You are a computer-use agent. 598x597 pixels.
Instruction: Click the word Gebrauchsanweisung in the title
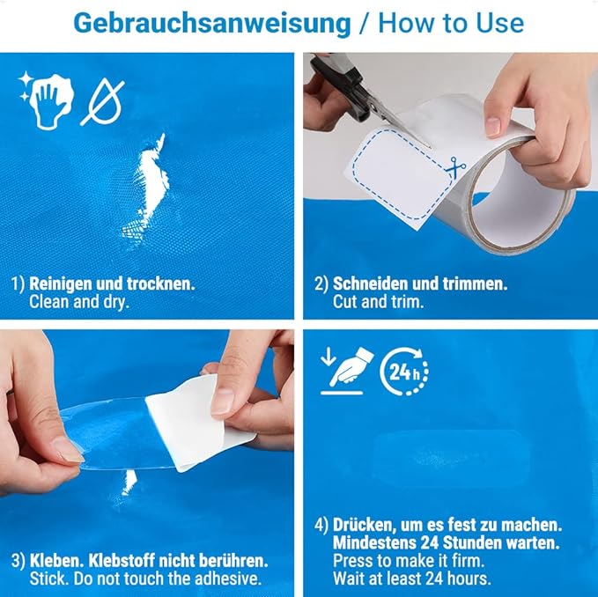[x=211, y=24]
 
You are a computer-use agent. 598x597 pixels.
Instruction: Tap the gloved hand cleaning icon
[x=46, y=99]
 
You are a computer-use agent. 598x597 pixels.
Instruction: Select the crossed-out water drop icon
[x=102, y=102]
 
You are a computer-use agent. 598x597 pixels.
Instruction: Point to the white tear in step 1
[x=147, y=187]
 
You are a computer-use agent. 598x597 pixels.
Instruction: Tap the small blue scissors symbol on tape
[x=455, y=166]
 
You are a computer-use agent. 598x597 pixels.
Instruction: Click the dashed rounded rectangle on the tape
[x=403, y=174]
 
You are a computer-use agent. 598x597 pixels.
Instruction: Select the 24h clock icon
[x=404, y=372]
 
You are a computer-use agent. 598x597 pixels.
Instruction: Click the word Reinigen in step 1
[x=60, y=284]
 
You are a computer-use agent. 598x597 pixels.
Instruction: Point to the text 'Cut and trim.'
[x=378, y=302]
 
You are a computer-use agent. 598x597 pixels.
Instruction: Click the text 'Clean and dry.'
[x=79, y=302]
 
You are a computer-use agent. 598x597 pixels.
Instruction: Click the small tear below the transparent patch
[x=129, y=482]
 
